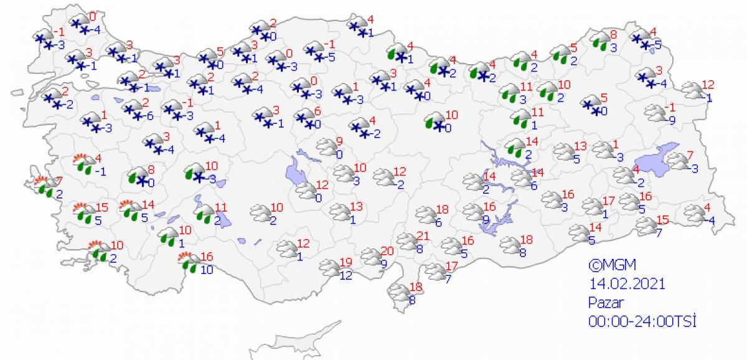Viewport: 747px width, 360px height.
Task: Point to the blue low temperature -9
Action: (670, 121)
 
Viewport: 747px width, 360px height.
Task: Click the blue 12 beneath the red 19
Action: (346, 274)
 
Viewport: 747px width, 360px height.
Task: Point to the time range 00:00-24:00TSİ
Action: (641, 321)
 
